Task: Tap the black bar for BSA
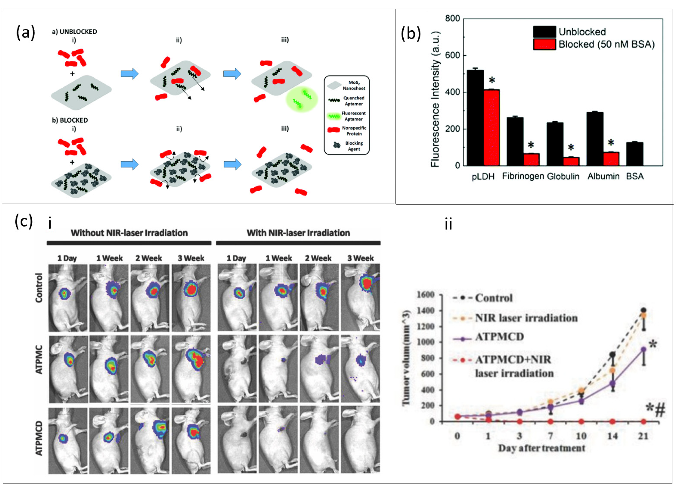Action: pyautogui.click(x=635, y=154)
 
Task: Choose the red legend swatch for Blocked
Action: pyautogui.click(x=544, y=44)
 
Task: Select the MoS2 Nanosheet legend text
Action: pyautogui.click(x=354, y=85)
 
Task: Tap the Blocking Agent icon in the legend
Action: pyautogui.click(x=337, y=145)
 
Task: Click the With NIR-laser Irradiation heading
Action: pyautogui.click(x=298, y=233)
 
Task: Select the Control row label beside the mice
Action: pyautogui.click(x=39, y=288)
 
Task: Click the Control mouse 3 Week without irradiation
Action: pyautogui.click(x=191, y=298)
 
